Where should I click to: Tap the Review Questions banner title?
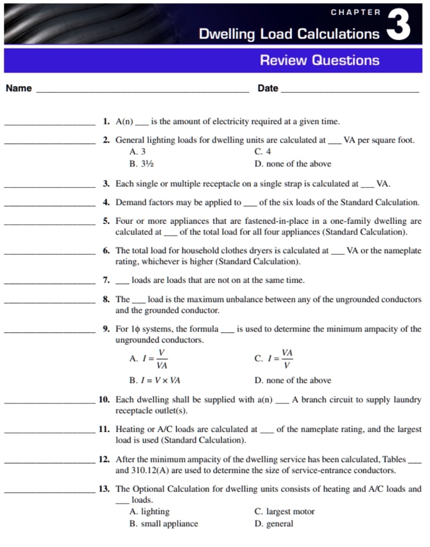(319, 60)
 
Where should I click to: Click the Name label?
(19, 88)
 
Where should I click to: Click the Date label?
(268, 88)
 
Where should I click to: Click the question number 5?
(106, 221)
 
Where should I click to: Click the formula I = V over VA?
(148, 359)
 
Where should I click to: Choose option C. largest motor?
(285, 511)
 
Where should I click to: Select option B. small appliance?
(163, 523)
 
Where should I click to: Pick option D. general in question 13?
(273, 523)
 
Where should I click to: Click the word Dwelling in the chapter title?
(228, 34)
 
